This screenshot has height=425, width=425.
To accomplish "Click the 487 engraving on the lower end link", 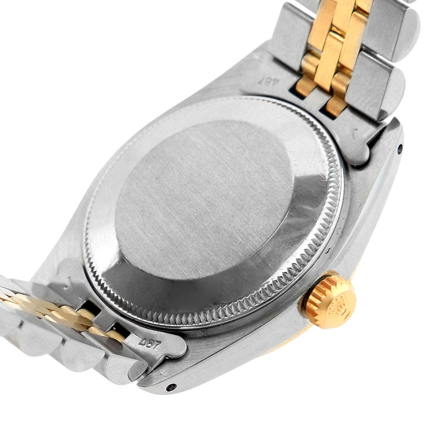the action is coord(149,345).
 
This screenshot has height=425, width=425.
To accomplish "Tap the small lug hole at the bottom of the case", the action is coord(171,387).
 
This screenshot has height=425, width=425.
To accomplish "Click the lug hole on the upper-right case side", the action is coord(400,148).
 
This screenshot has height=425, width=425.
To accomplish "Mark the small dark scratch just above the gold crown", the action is coord(329,249).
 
